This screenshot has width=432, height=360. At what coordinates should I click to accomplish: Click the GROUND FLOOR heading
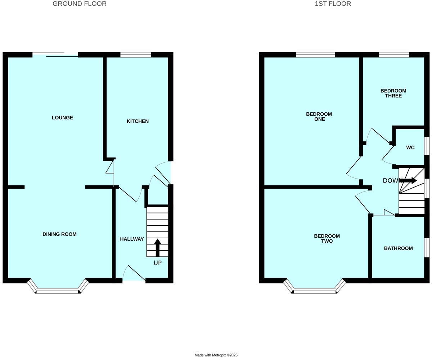pyautogui.click(x=80, y=4)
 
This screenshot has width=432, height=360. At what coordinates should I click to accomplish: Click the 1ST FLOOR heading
pyautogui.click(x=333, y=4)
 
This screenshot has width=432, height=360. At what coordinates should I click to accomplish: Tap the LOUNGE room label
pyautogui.click(x=62, y=118)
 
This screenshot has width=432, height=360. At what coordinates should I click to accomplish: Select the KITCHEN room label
pyautogui.click(x=138, y=121)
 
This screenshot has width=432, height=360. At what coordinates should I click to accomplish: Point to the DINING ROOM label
pyautogui.click(x=59, y=234)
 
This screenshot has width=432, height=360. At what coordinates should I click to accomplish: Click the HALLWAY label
pyautogui.click(x=132, y=239)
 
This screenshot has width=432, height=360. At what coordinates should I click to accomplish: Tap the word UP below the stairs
pyautogui.click(x=158, y=263)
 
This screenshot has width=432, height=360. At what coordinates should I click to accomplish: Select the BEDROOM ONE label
pyautogui.click(x=319, y=117)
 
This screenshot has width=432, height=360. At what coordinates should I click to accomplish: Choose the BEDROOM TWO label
pyautogui.click(x=327, y=239)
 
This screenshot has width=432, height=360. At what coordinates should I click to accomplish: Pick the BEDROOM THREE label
pyautogui.click(x=393, y=93)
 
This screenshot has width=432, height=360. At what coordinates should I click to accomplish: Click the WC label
pyautogui.click(x=410, y=148)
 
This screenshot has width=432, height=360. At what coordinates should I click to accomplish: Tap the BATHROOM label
pyautogui.click(x=398, y=248)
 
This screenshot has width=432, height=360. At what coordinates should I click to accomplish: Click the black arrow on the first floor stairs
pyautogui.click(x=408, y=180)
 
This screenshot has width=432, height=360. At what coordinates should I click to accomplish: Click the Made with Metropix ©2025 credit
pyautogui.click(x=216, y=355)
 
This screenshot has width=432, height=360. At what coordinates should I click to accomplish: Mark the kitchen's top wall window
pyautogui.click(x=135, y=55)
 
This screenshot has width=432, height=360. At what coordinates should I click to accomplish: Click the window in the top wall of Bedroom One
pyautogui.click(x=315, y=55)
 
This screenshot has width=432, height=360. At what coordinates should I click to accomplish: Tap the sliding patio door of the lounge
pyautogui.click(x=55, y=55)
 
